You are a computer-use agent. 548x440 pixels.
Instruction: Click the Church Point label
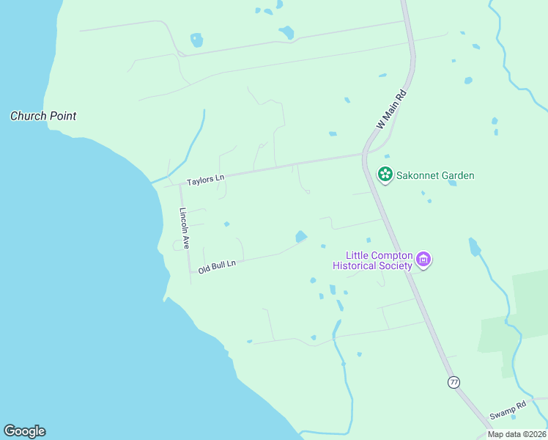pyautogui.click(x=43, y=116)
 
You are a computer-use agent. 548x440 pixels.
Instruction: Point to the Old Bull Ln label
pyautogui.click(x=217, y=265)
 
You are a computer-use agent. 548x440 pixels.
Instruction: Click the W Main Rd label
pyautogui.click(x=390, y=111)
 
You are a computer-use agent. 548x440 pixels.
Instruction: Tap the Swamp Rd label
pyautogui.click(x=508, y=411)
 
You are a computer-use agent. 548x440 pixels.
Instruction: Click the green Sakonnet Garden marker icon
pyautogui.click(x=385, y=175)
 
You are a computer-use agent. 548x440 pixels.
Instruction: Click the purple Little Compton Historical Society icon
pyautogui.click(x=423, y=259)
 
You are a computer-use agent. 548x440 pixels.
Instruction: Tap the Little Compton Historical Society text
pyautogui.click(x=373, y=260)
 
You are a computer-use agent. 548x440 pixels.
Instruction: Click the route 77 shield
pyautogui.click(x=454, y=382)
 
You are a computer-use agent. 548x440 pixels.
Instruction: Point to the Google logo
pyautogui.click(x=24, y=431)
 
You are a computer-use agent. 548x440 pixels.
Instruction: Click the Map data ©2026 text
pyautogui.click(x=516, y=434)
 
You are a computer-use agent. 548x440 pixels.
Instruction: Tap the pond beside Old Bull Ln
pyautogui.click(x=300, y=236)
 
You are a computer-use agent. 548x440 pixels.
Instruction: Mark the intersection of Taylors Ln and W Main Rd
pyautogui.click(x=363, y=155)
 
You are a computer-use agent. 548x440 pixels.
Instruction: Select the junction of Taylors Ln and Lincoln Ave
pyautogui.click(x=180, y=186)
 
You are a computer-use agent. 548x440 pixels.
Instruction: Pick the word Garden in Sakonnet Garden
pyautogui.click(x=456, y=175)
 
